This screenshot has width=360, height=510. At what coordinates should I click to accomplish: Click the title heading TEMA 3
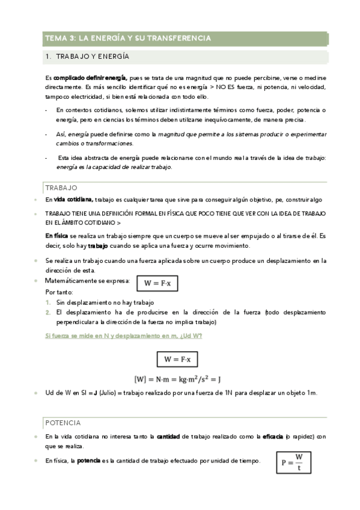click(128, 38)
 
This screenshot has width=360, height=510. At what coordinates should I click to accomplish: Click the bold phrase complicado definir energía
click(90, 78)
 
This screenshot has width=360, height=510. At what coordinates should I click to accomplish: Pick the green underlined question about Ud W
click(124, 336)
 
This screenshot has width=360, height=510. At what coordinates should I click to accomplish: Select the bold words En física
click(57, 235)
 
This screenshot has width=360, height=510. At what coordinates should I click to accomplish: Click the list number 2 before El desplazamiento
click(48, 313)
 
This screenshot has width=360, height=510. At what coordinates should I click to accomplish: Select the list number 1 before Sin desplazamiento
click(48, 303)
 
